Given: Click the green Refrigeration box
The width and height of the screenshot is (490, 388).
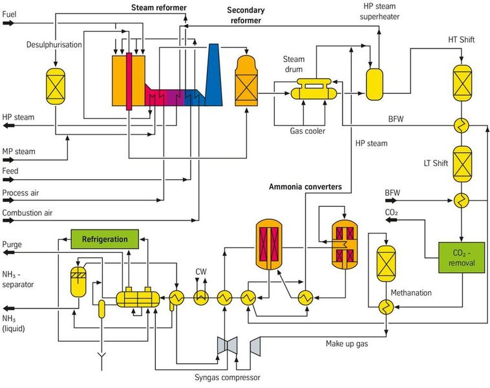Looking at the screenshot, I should (x=104, y=239).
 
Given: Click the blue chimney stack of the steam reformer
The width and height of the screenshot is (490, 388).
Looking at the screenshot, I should (x=214, y=81).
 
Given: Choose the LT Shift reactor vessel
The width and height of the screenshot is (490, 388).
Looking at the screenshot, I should (x=462, y=163).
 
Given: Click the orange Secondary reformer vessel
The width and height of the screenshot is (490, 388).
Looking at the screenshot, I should (x=246, y=81).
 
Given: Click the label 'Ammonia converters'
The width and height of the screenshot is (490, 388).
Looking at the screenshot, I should (x=306, y=188).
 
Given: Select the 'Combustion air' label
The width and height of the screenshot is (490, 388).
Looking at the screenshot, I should (x=27, y=211).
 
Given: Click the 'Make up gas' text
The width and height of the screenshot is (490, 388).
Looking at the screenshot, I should (x=346, y=343).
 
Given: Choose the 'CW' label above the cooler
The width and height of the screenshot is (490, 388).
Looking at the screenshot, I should (x=201, y=272).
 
